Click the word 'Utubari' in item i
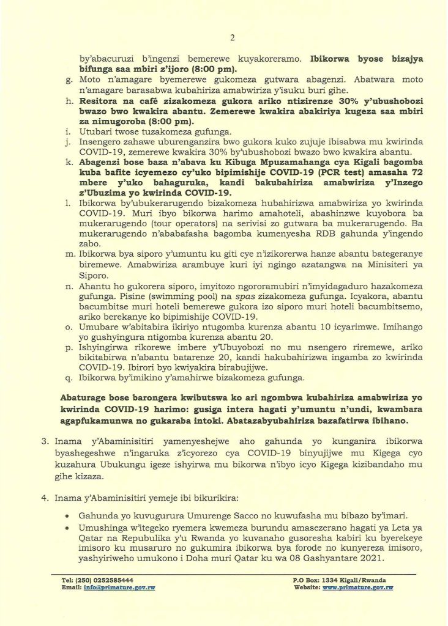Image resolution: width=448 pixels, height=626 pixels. [96, 133]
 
